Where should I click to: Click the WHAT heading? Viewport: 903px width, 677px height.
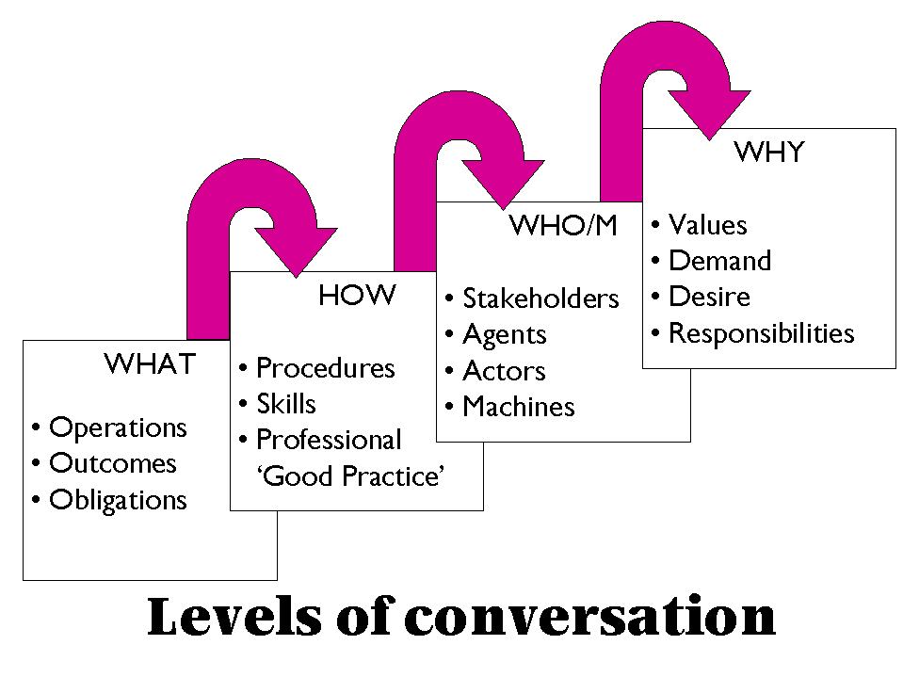pyautogui.click(x=150, y=363)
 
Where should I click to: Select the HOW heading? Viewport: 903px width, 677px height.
pyautogui.click(x=357, y=296)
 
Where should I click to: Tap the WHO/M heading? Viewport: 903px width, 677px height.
pyautogui.click(x=562, y=226)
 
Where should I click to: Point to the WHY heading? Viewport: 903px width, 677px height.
pyautogui.click(x=768, y=153)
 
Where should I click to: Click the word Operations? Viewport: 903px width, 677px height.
pyautogui.click(x=118, y=428)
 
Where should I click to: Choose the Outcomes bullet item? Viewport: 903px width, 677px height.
pyautogui.click(x=112, y=464)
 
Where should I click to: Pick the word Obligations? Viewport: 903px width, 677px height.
pyautogui.click(x=118, y=500)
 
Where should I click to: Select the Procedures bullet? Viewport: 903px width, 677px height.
pyautogui.click(x=325, y=368)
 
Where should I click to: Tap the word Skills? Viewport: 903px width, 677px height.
pyautogui.click(x=286, y=404)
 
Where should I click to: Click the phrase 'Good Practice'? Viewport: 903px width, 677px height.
pyautogui.click(x=350, y=476)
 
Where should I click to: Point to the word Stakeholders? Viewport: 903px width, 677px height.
pyautogui.click(x=540, y=299)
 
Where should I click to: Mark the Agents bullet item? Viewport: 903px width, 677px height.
pyautogui.click(x=505, y=335)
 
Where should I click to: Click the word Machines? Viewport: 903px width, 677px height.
pyautogui.click(x=518, y=407)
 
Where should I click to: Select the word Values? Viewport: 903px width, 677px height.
pyautogui.click(x=707, y=226)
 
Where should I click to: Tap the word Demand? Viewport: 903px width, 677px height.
pyautogui.click(x=719, y=261)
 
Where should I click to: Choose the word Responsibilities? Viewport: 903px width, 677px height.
pyautogui.click(x=761, y=333)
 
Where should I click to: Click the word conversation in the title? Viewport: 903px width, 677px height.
pyautogui.click(x=590, y=618)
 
